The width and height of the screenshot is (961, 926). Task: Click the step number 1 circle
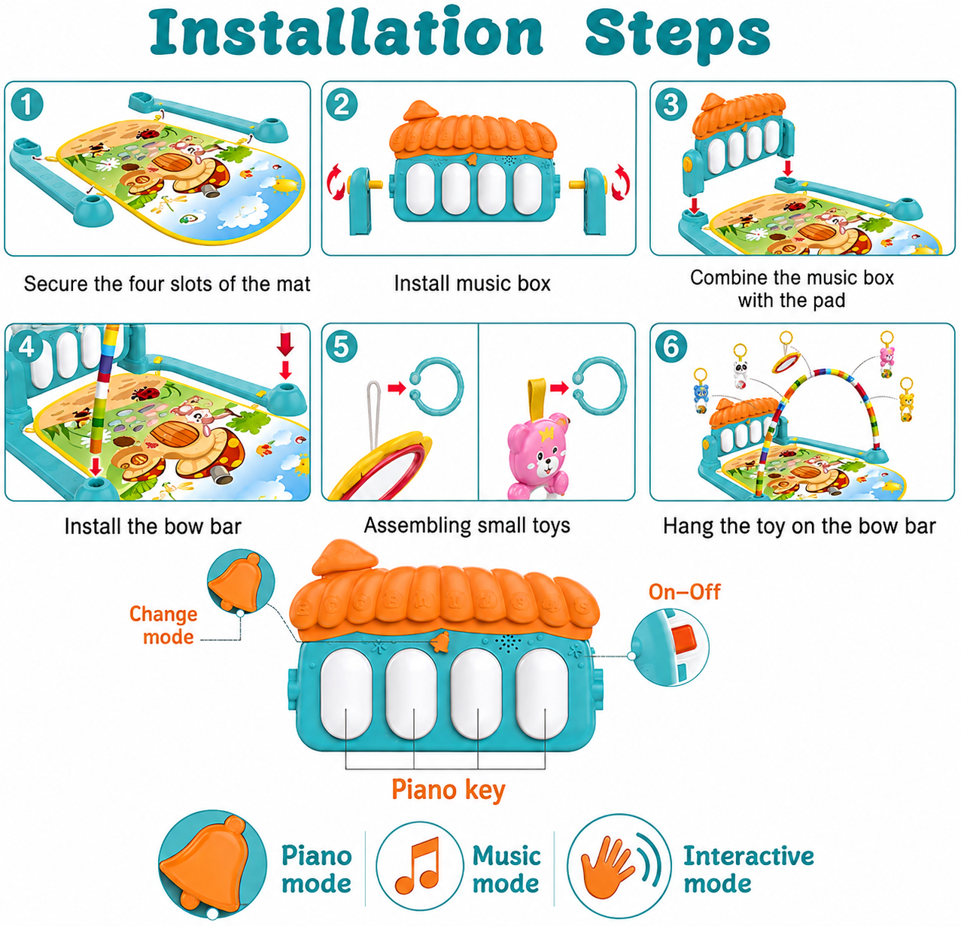(26, 105)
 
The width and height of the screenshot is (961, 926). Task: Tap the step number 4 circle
(26, 347)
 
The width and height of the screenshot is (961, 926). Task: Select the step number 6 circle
(671, 347)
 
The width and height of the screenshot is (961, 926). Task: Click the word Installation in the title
(346, 32)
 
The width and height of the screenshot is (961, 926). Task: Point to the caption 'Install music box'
(472, 284)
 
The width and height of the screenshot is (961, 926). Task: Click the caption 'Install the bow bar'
(153, 526)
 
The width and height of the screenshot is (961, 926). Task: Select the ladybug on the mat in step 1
(148, 134)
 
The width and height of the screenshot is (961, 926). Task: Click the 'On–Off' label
(685, 592)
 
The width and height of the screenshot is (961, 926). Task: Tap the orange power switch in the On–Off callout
(685, 638)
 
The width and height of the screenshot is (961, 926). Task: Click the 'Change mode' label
(163, 625)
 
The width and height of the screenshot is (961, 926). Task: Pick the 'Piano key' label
(449, 790)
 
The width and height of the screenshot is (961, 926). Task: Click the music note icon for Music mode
(418, 866)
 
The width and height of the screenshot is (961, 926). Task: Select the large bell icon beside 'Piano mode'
(209, 863)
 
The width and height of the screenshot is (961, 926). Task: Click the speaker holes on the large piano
(507, 642)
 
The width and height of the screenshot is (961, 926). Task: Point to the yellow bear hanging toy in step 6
(906, 401)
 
